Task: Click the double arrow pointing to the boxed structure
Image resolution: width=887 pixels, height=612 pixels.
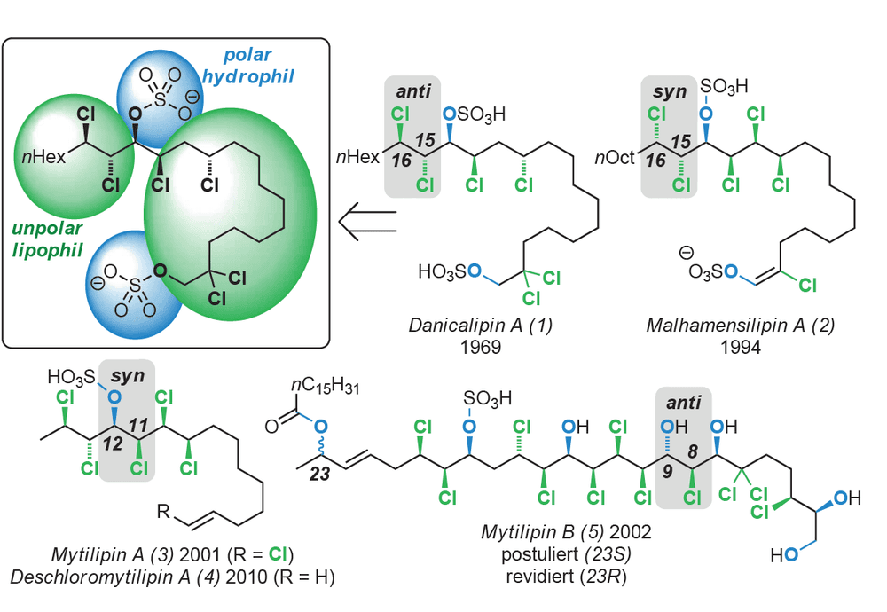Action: pos(368,221)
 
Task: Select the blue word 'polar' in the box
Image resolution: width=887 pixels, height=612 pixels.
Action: pos(247,55)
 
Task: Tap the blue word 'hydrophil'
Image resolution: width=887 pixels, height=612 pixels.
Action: pos(247,75)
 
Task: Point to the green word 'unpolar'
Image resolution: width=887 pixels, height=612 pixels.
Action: pos(47,229)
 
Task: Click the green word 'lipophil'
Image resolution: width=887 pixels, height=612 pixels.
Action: pos(48,250)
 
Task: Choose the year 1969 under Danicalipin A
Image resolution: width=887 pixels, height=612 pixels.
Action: pos(480,346)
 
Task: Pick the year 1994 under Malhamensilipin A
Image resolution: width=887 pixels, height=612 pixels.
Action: pos(740,346)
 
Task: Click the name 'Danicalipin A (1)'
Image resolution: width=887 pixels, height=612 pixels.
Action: pos(480,326)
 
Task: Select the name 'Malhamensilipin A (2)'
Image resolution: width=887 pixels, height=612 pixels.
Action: pos(740,326)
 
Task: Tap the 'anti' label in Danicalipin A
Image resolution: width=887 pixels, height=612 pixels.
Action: pos(413,91)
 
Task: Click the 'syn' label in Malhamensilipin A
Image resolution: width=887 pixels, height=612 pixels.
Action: pos(669,91)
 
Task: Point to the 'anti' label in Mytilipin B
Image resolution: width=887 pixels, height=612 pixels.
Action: pos(683,403)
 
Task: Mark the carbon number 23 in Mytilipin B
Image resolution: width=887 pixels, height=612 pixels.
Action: pos(319,474)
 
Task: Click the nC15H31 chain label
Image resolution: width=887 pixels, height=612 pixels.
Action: pos(325,386)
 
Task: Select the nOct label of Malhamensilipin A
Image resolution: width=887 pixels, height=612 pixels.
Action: pos(615,157)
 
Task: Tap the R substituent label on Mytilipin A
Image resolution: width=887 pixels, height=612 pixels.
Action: pos(163,512)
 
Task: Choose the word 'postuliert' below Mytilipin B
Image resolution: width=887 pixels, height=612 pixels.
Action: pos(538,553)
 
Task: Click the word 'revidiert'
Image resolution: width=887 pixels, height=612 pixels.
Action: pos(538,577)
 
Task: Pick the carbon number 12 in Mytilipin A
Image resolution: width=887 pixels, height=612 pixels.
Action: pos(113,444)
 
